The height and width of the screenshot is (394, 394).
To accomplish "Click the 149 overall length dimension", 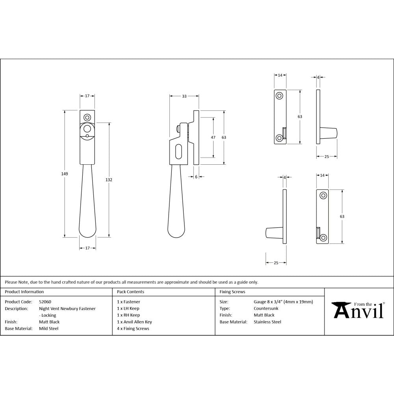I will click(x=65, y=174).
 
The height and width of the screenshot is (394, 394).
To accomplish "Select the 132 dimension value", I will click(x=109, y=180).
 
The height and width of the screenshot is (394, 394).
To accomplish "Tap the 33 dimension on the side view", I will click(x=184, y=96).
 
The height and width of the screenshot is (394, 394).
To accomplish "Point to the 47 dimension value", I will click(x=213, y=137).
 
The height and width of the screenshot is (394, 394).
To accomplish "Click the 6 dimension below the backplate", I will click(x=196, y=177).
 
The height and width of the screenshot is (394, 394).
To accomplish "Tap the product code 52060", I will click(x=45, y=302).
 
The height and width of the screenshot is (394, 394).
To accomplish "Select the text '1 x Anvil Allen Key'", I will click(x=134, y=322).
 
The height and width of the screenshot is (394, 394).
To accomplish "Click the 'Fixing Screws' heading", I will click(x=232, y=292).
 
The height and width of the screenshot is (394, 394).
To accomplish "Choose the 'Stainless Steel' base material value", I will click(x=268, y=322).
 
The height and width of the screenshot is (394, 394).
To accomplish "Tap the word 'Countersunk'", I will click(x=266, y=309).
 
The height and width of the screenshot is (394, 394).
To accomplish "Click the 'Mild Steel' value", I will click(x=48, y=329).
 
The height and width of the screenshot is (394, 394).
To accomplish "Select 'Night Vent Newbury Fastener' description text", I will click(x=67, y=309).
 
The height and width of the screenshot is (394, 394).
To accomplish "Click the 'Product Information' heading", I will click(x=24, y=292).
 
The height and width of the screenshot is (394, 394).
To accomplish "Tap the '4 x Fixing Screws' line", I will click(x=133, y=329).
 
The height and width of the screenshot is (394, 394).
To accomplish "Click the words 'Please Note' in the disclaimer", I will click(x=16, y=282).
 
